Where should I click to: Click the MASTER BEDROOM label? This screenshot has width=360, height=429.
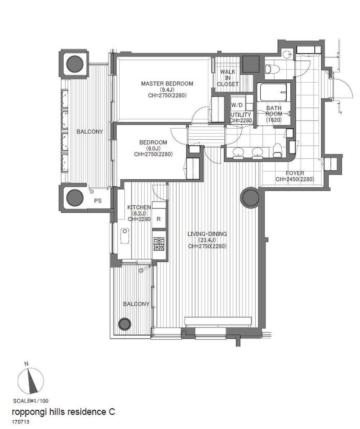tap(167, 84)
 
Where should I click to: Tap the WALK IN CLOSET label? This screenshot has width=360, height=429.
tap(228, 78)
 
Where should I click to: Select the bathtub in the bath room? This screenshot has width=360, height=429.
tap(274, 92)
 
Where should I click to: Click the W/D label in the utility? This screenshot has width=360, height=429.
tap(237, 105)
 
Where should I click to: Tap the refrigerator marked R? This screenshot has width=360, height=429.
tap(159, 219)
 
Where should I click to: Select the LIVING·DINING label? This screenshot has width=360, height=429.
tap(207, 234)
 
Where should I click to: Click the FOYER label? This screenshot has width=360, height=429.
tap(295, 173)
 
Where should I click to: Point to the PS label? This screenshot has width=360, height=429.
tap(98, 201)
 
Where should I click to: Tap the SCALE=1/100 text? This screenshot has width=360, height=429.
tap(31, 401)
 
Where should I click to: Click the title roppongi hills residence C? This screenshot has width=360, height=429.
tap(63, 412)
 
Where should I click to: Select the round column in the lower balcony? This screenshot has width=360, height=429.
tap(125, 324)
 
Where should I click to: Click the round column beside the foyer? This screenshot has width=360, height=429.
tap(249, 198)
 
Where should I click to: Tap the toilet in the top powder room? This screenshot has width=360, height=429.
tap(272, 69)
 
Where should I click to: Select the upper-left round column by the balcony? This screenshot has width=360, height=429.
tap(75, 64)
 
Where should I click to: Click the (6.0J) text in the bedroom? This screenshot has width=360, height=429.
tap(153, 148)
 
